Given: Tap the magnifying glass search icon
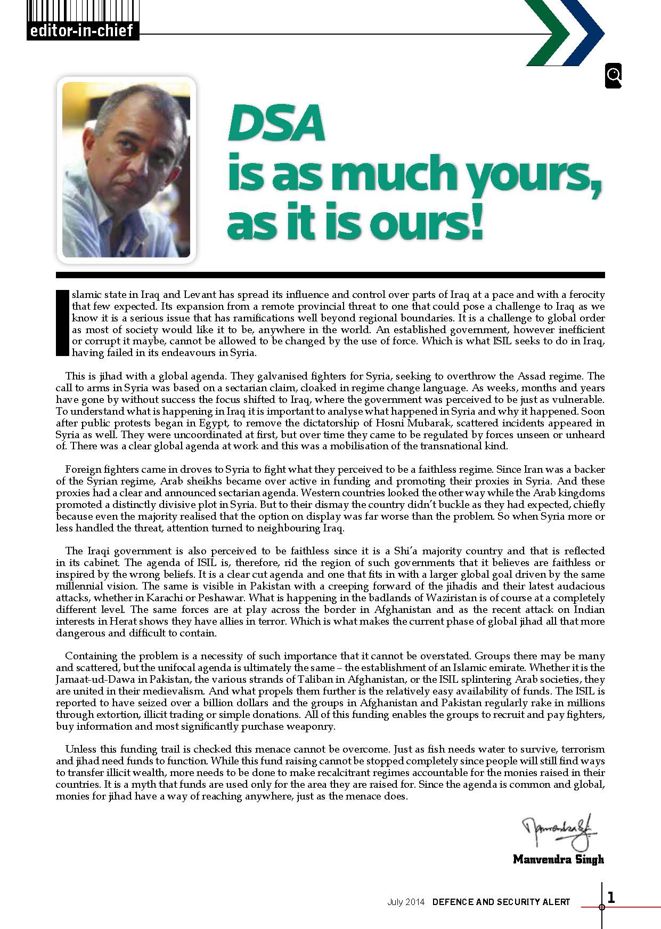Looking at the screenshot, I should pos(614,76).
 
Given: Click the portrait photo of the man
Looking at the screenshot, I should pos(126,169).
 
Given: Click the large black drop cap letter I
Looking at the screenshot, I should pos(62,322).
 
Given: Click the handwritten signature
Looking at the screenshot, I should pos(559,833).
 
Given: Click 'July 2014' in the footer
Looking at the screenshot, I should pos(406,902).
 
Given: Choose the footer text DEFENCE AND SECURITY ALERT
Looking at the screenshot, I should pos(501,902).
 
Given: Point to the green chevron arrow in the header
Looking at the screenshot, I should pos(543,33).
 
